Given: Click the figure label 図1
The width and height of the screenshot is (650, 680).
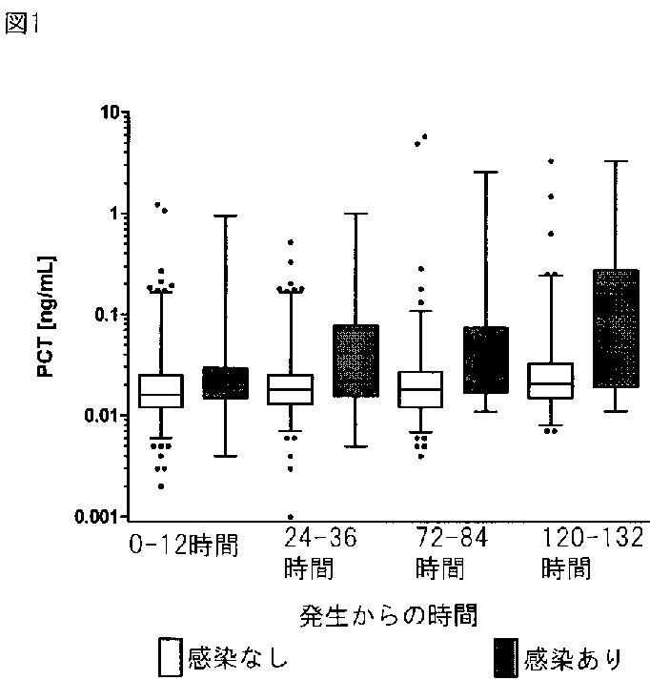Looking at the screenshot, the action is (21, 23).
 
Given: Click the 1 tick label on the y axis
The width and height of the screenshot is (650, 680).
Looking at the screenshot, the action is (114, 214).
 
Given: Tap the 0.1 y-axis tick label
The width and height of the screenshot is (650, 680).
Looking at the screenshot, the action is (106, 315).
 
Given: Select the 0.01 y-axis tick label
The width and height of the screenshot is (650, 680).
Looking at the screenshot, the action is (101, 416).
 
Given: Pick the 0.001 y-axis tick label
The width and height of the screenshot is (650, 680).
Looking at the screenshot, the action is (96, 517).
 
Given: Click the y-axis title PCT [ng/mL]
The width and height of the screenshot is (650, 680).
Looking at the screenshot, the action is (46, 317).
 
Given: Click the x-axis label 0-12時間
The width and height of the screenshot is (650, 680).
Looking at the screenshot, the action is (184, 545).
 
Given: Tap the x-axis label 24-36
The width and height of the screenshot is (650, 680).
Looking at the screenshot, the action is (320, 537).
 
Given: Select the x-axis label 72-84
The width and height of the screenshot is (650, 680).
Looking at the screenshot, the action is (452, 537).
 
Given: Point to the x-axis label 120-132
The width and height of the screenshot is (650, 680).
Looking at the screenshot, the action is (593, 537).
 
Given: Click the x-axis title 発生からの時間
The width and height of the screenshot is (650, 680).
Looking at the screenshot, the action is (388, 615).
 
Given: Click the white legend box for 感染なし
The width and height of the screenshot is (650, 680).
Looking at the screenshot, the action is (170, 657).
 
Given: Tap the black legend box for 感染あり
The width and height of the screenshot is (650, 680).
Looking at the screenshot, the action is (506, 657).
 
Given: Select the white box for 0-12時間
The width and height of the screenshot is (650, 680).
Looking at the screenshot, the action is (161, 391).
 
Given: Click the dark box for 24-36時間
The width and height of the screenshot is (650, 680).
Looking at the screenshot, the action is (355, 361).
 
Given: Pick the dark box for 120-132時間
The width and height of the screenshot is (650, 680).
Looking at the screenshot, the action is (616, 328).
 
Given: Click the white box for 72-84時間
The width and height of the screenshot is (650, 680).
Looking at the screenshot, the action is (420, 389).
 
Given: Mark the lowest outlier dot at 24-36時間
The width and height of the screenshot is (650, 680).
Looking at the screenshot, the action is (291, 517).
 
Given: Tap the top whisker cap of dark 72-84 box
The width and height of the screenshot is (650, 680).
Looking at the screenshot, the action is (486, 173).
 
